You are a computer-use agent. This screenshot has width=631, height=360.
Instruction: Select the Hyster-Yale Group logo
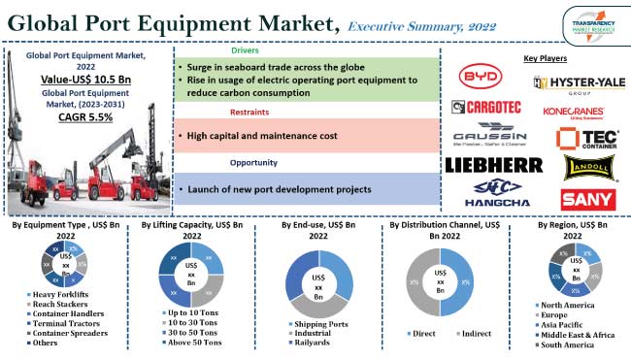pyautogui.click(x=580, y=84)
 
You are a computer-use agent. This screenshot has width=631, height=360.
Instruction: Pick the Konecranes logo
pyautogui.click(x=581, y=112)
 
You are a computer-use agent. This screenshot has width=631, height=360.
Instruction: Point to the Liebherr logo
pyautogui.click(x=493, y=164)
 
